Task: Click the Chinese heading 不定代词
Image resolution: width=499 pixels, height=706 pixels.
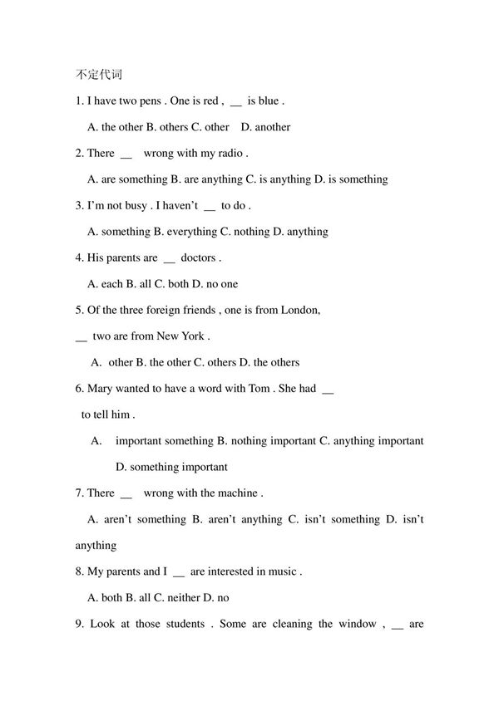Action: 98,74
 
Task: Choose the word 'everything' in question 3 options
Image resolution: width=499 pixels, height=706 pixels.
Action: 193,232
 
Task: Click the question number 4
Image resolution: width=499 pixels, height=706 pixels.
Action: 78,257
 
